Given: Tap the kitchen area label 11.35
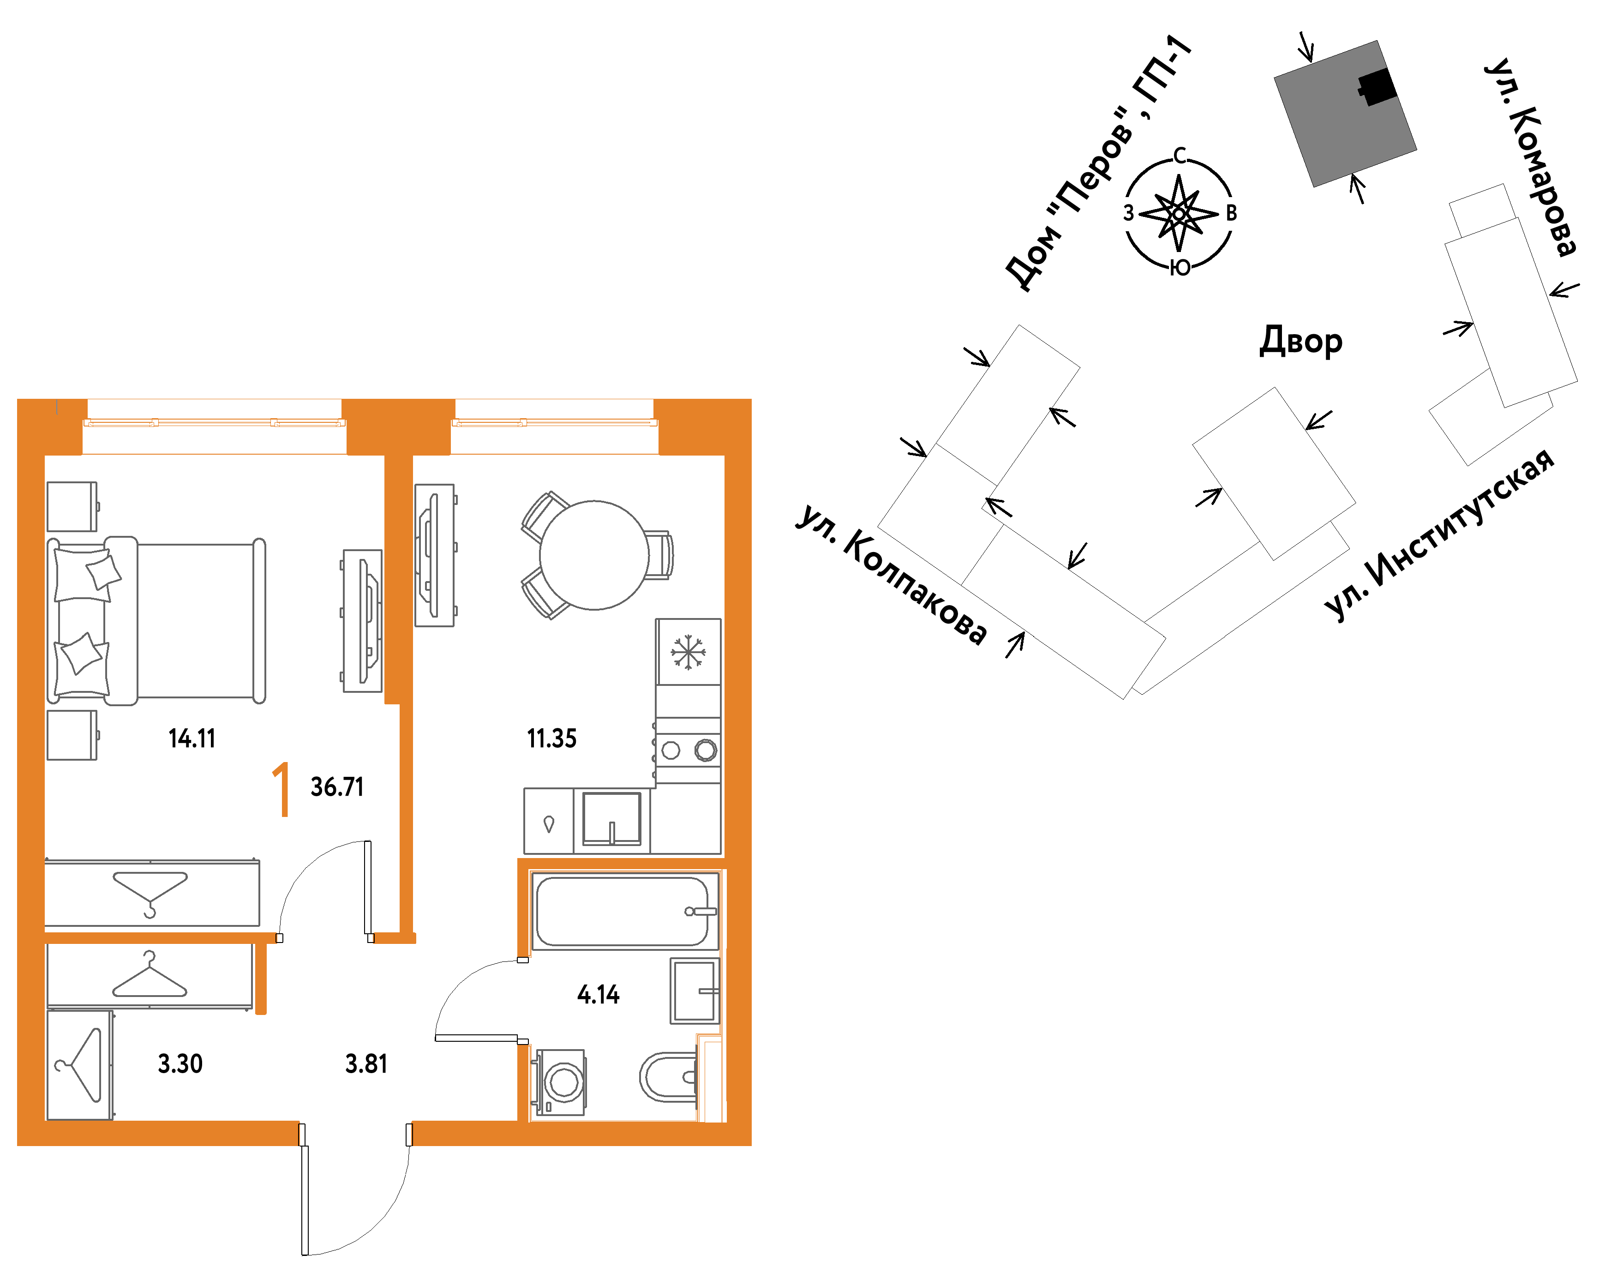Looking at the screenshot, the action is [x=551, y=739].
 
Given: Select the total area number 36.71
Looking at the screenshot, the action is [x=337, y=787].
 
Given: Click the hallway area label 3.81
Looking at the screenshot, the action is [x=366, y=1063].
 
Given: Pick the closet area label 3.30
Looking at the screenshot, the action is [x=180, y=1063].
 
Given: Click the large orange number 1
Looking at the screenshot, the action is [x=281, y=789].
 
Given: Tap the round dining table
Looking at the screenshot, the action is [x=594, y=555].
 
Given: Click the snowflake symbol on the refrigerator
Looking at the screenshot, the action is [x=688, y=652].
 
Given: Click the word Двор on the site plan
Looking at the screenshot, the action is [x=1300, y=342].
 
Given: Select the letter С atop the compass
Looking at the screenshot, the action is [x=1179, y=156].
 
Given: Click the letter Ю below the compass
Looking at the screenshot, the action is [x=1180, y=268].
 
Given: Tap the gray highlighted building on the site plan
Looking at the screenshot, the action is [x=1345, y=113].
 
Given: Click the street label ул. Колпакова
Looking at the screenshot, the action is [x=891, y=575].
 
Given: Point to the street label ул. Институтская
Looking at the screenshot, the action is [x=1439, y=534].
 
